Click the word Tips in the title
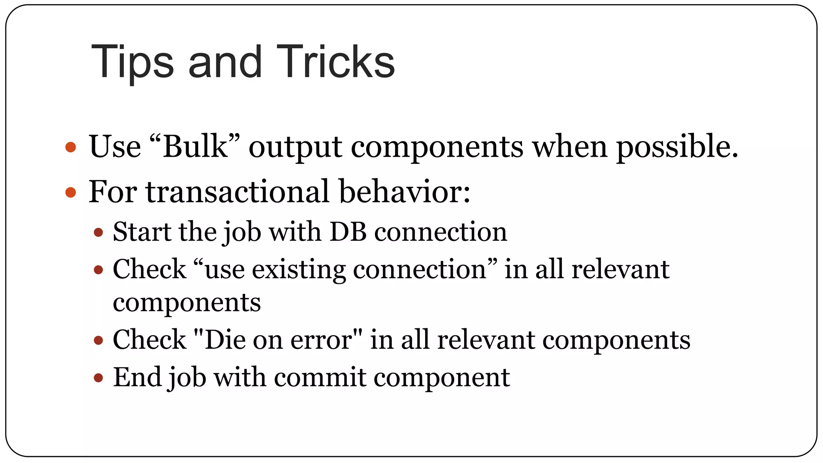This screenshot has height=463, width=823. click(132, 62)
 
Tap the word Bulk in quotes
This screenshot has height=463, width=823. click(195, 146)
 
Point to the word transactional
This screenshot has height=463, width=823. click(237, 191)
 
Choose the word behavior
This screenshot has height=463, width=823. click(404, 191)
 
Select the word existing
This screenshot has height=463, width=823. click(299, 269)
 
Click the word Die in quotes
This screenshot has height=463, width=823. click(225, 340)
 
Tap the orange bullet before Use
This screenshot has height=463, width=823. click(71, 147)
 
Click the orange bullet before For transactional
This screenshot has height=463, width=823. click(71, 192)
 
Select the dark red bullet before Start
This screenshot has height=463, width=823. click(98, 232)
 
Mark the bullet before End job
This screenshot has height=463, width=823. click(98, 378)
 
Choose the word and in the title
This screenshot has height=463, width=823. click(225, 62)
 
